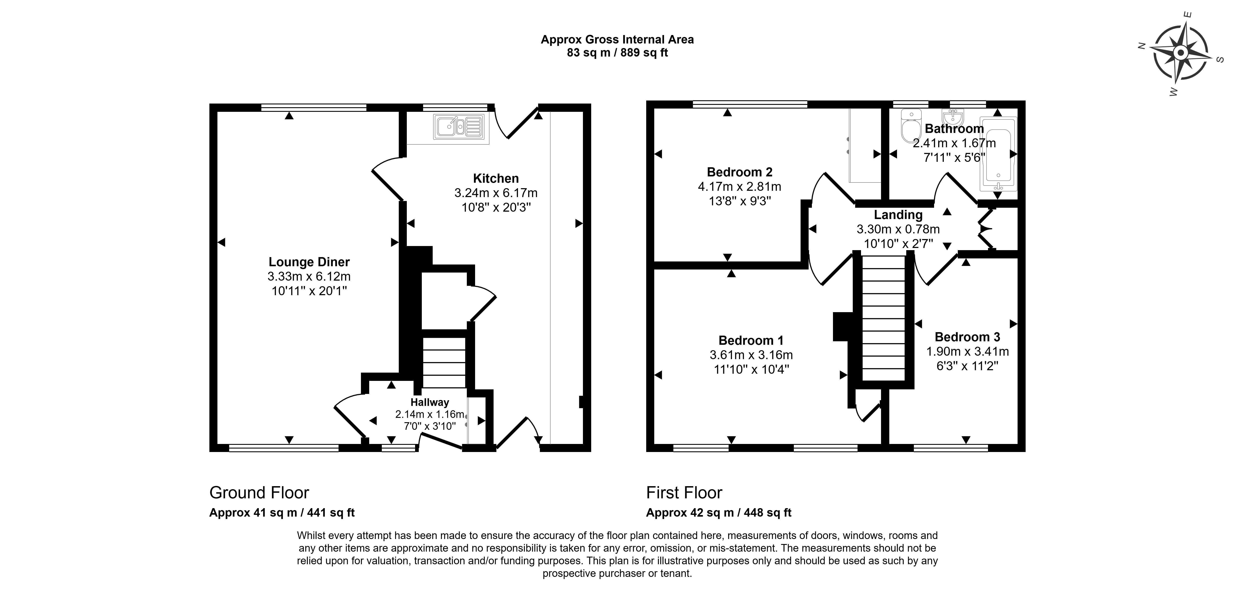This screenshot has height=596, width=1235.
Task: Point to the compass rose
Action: coord(1180,53)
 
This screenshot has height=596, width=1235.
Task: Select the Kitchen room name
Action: coord(496,178)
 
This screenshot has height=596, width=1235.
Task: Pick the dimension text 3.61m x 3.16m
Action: coord(751,355)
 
